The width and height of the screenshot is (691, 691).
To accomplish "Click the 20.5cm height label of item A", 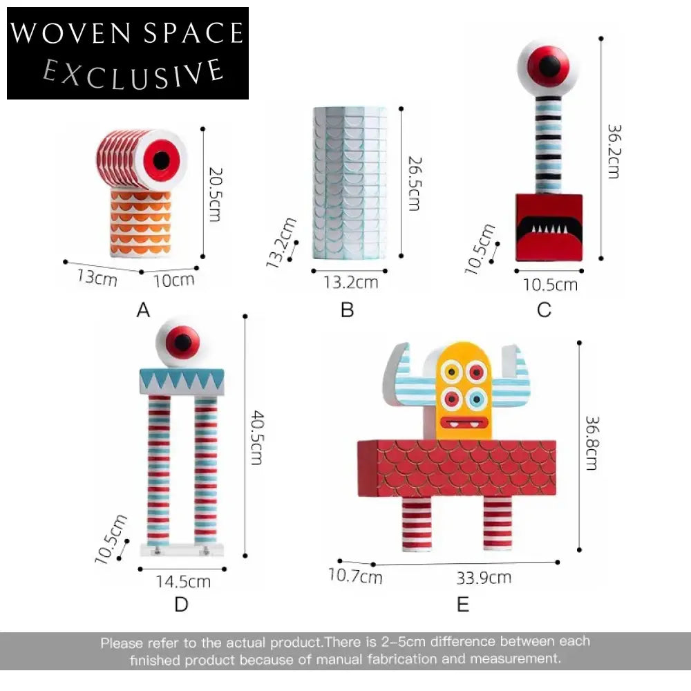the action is coord(215,194).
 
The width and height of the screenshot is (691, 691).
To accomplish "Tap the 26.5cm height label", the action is coord(415,183).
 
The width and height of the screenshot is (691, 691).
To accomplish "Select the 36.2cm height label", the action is coord(614,151).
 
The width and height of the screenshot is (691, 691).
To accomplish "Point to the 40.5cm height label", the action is coord(257,437).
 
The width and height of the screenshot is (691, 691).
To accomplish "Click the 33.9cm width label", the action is coord(484,578).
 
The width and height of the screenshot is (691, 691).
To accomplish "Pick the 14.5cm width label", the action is coord(183,582).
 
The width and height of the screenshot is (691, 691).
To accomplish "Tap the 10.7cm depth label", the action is coord(355,576).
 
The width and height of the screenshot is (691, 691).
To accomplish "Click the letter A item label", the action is coord(143,310).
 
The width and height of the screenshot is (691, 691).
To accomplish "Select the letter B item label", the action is coord(348,310).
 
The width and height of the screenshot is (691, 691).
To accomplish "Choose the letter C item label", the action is coord(545,310).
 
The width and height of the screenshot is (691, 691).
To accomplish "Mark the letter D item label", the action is coord(181,604).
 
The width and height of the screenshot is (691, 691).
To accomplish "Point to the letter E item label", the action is coord(463,604).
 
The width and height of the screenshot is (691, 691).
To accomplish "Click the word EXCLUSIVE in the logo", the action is coord(133,74).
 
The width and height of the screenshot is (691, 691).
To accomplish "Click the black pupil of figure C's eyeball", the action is coord(549,65).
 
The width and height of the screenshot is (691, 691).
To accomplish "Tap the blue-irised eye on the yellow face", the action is coord(476,399).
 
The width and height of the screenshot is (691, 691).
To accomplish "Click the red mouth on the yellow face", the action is coord(464,423).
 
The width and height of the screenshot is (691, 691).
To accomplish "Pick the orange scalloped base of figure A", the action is coord(140,223).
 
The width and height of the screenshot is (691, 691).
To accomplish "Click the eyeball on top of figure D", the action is coord(178,342).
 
